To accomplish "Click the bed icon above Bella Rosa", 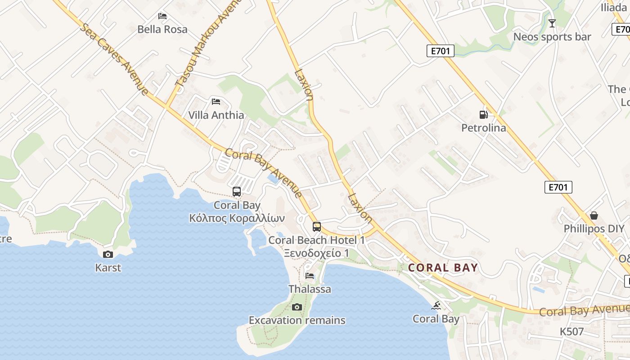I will [162, 16].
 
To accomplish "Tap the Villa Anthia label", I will [216, 115].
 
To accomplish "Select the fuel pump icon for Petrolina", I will [484, 115].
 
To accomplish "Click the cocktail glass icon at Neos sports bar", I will [552, 23].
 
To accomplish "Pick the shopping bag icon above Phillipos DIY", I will [594, 216].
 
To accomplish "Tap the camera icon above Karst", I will [108, 255].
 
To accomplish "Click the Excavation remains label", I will [297, 320].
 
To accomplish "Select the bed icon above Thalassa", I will [310, 276].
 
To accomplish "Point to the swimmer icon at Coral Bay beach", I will [436, 306].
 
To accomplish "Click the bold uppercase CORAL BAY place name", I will [443, 268].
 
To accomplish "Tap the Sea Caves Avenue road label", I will [114, 59].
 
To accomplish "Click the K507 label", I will [571, 332].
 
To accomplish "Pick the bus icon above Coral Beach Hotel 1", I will [317, 226].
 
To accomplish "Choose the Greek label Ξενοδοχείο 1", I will [316, 253].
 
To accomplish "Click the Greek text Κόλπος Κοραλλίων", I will [237, 218].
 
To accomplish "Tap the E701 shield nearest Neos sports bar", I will [440, 51].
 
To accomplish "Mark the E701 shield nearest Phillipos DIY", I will [558, 187].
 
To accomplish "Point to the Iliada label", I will [613, 7].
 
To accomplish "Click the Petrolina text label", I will [484, 128].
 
